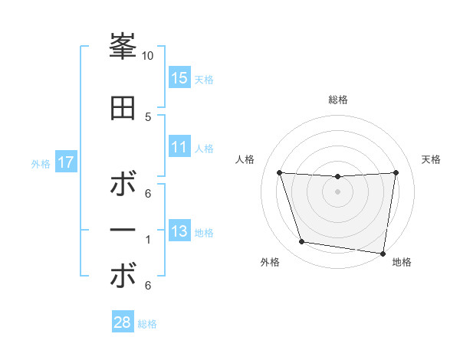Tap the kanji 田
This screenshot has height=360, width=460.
click(x=123, y=107)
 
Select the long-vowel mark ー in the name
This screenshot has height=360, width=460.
click(x=123, y=231)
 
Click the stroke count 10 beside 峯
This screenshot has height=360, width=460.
click(x=148, y=56)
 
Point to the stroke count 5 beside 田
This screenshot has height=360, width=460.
click(x=148, y=116)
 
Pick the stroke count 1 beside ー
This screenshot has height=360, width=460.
click(x=148, y=240)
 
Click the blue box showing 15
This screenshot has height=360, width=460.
click(x=179, y=78)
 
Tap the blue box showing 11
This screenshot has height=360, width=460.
click(x=179, y=148)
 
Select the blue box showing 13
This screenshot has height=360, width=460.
click(x=179, y=232)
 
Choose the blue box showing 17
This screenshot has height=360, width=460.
click(x=65, y=162)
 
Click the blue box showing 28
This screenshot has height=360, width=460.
click(x=123, y=322)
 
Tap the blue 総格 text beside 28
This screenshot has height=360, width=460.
click(x=147, y=324)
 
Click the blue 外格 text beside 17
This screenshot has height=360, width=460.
click(x=41, y=164)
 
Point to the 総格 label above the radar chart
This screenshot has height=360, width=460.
click(x=338, y=100)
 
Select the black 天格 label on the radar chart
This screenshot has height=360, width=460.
click(x=432, y=159)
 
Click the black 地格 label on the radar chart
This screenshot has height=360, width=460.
click(x=402, y=262)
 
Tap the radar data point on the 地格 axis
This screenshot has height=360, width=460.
click(x=383, y=253)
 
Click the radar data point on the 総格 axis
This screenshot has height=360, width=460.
click(x=337, y=177)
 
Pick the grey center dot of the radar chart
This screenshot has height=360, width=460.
click(x=337, y=191)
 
